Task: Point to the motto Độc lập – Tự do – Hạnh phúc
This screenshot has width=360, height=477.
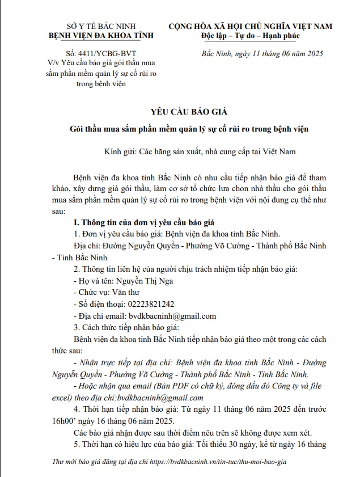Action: pyautogui.click(x=250, y=36)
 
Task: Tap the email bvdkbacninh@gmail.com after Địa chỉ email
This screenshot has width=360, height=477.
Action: pyautogui.click(x=171, y=316)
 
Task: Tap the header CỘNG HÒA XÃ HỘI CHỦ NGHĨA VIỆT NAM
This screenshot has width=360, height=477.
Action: pyautogui.click(x=250, y=27)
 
